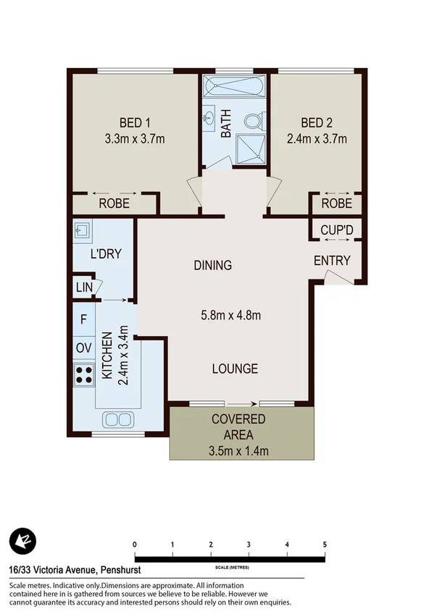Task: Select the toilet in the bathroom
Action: pos(254,121)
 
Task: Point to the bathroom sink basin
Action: pos(209,115)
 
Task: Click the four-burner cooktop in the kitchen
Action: pos(84,374)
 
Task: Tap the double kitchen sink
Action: pos(117,419)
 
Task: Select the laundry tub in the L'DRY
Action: pos(83,231)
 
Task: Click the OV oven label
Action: pos(83,348)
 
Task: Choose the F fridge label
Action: pos(83,319)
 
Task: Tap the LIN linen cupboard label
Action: pos(84,287)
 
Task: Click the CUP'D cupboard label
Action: pos(337,230)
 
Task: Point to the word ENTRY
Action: pos(332,261)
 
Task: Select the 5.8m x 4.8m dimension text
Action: pos(230,315)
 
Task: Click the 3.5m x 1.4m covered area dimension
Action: pos(240,452)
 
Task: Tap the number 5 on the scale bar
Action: pos(325,544)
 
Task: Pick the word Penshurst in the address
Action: pos(130,570)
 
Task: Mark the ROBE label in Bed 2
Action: pos(337,203)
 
